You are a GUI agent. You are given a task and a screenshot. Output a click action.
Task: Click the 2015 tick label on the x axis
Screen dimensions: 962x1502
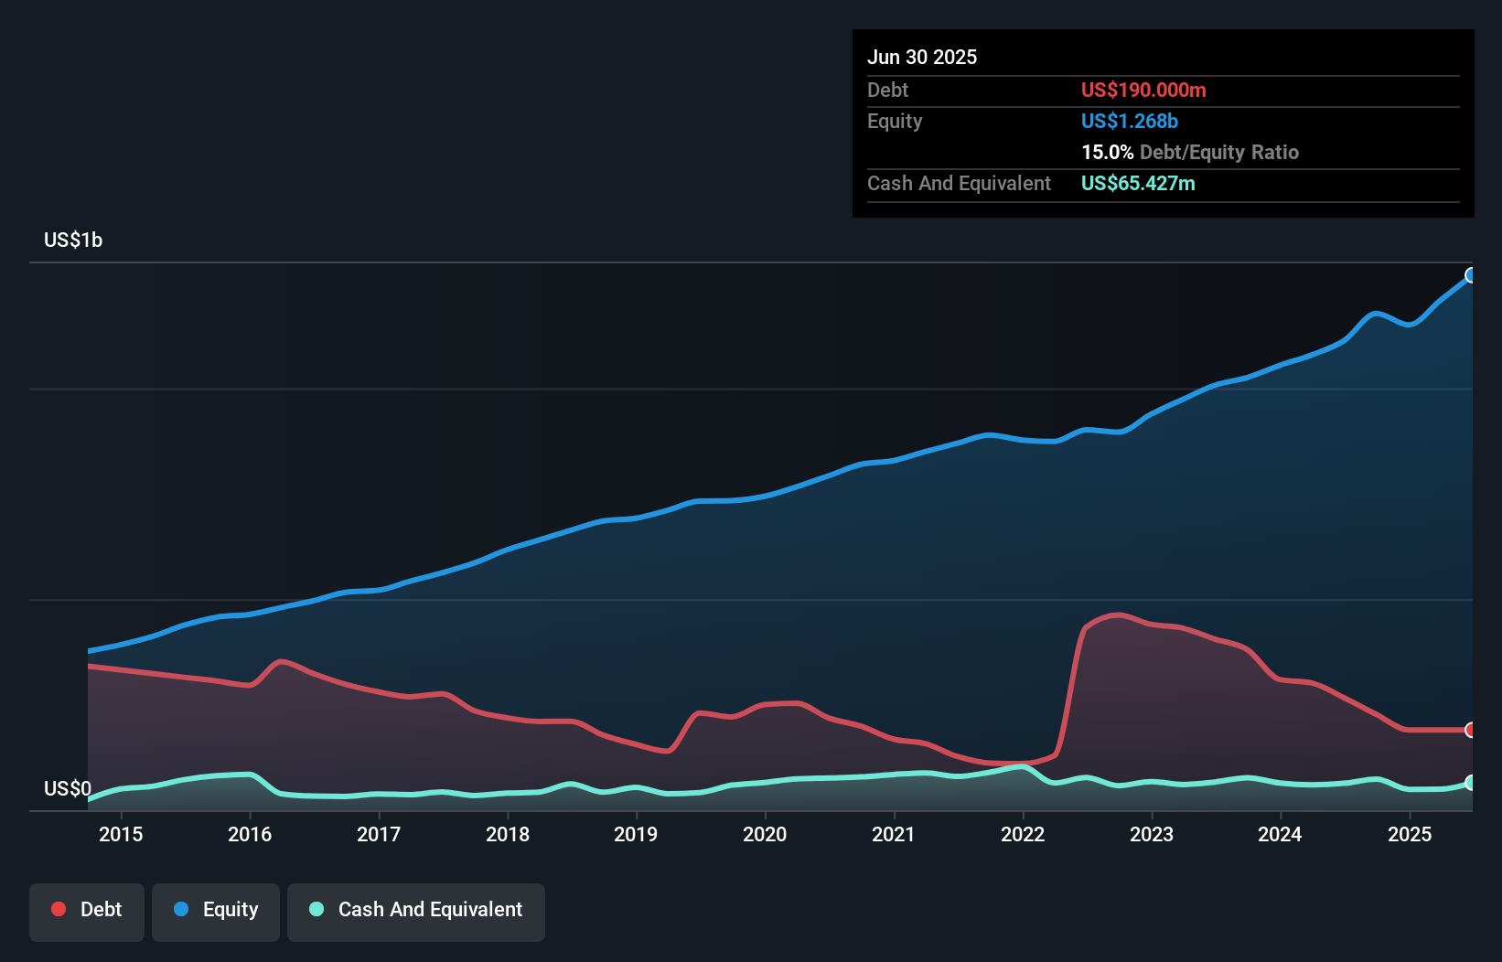tap(121, 834)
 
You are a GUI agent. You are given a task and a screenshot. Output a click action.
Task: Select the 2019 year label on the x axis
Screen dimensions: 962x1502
tap(636, 834)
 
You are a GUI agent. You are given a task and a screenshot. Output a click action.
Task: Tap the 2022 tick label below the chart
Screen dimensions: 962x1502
tap(1023, 834)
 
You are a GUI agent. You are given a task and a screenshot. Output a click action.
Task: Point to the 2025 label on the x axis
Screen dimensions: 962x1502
tap(1410, 834)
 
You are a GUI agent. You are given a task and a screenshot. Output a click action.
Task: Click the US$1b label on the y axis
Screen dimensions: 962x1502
tap(73, 240)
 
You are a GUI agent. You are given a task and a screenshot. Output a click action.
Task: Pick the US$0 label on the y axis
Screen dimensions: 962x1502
tap(68, 788)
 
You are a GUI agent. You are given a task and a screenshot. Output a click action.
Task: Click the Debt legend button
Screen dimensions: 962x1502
tap(87, 910)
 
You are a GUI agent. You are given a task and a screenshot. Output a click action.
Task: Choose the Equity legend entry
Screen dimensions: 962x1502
tap(216, 910)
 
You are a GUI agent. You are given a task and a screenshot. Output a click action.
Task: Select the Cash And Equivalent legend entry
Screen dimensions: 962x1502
tap(416, 910)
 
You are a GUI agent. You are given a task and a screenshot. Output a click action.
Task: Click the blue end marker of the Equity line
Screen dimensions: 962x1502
tap(1471, 275)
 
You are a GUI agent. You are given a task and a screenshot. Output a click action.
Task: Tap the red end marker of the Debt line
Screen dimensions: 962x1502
tap(1471, 730)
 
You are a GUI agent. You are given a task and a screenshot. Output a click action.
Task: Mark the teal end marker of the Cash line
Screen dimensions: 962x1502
tap(1471, 783)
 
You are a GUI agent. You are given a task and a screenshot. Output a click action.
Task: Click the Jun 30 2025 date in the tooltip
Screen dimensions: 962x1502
tap(922, 58)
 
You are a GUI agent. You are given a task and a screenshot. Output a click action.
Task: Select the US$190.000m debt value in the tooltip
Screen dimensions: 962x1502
tap(1143, 91)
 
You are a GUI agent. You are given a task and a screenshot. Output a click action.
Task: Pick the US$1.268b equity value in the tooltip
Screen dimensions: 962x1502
tap(1130, 122)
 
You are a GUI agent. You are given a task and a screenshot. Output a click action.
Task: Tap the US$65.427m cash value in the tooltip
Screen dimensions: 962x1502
tap(1138, 184)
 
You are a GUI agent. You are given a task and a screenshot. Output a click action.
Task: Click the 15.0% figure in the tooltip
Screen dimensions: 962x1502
tap(1107, 153)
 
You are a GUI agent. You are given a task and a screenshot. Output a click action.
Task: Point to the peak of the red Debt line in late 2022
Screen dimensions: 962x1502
tap(1118, 615)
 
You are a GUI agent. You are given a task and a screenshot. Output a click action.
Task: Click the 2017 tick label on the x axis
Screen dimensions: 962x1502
tap(379, 834)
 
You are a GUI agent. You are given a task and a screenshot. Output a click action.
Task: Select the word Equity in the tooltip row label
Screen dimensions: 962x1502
tap(895, 122)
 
